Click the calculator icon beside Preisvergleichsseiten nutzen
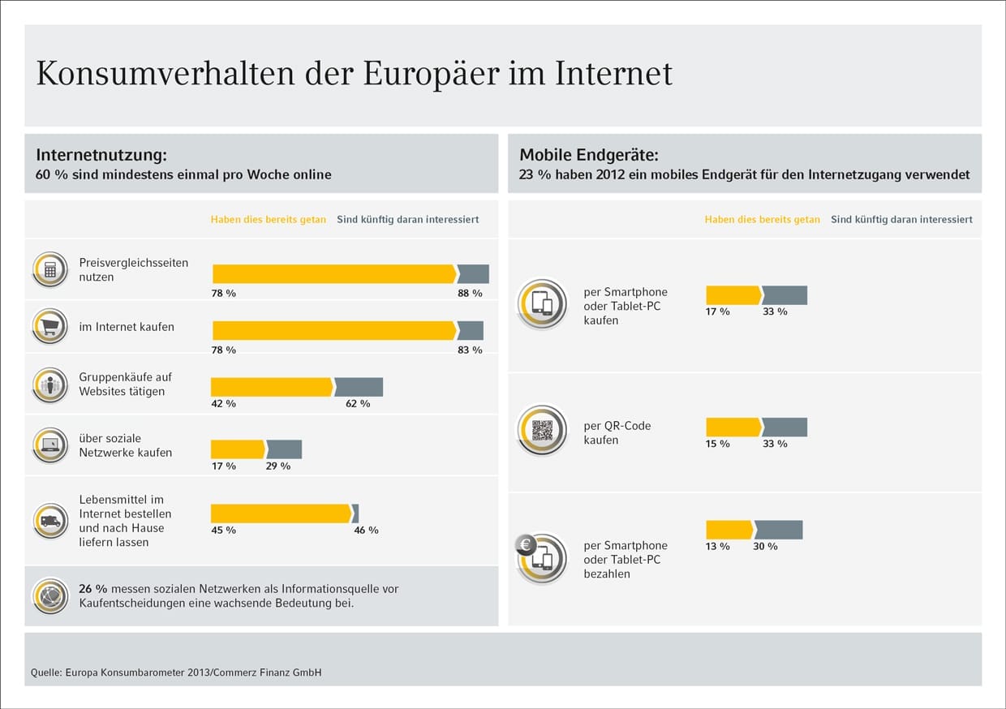[x=50, y=269]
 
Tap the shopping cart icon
[x=50, y=326]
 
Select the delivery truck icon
[x=50, y=520]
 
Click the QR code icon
[x=542, y=430]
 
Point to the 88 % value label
[x=470, y=293]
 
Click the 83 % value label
[x=470, y=350]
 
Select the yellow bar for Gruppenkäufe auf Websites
[x=272, y=387]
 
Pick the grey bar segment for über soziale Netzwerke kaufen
[x=285, y=449]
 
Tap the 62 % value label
[x=358, y=403]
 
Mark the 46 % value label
[x=366, y=530]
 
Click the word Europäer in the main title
[x=429, y=73]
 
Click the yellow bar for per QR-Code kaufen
[x=733, y=428]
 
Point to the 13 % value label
[x=717, y=546]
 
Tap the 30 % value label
[x=765, y=546]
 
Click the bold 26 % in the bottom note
[x=94, y=589]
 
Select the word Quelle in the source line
[x=45, y=672]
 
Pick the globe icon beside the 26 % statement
[x=50, y=596]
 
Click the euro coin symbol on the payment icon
[x=526, y=544]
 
